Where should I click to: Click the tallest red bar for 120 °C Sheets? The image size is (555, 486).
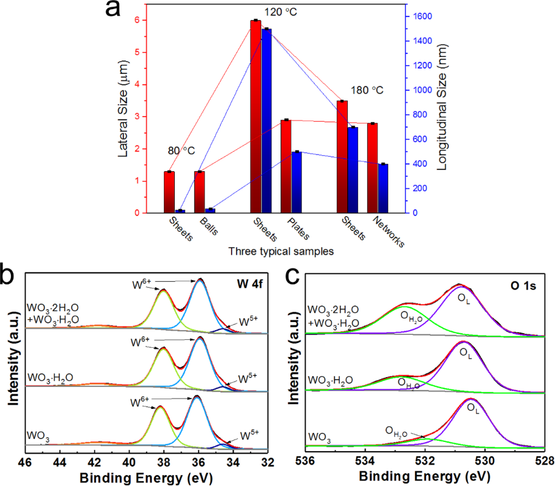coord(255,116)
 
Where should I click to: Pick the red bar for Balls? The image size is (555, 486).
coord(200,192)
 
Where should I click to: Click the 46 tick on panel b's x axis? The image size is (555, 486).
coord(25,463)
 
